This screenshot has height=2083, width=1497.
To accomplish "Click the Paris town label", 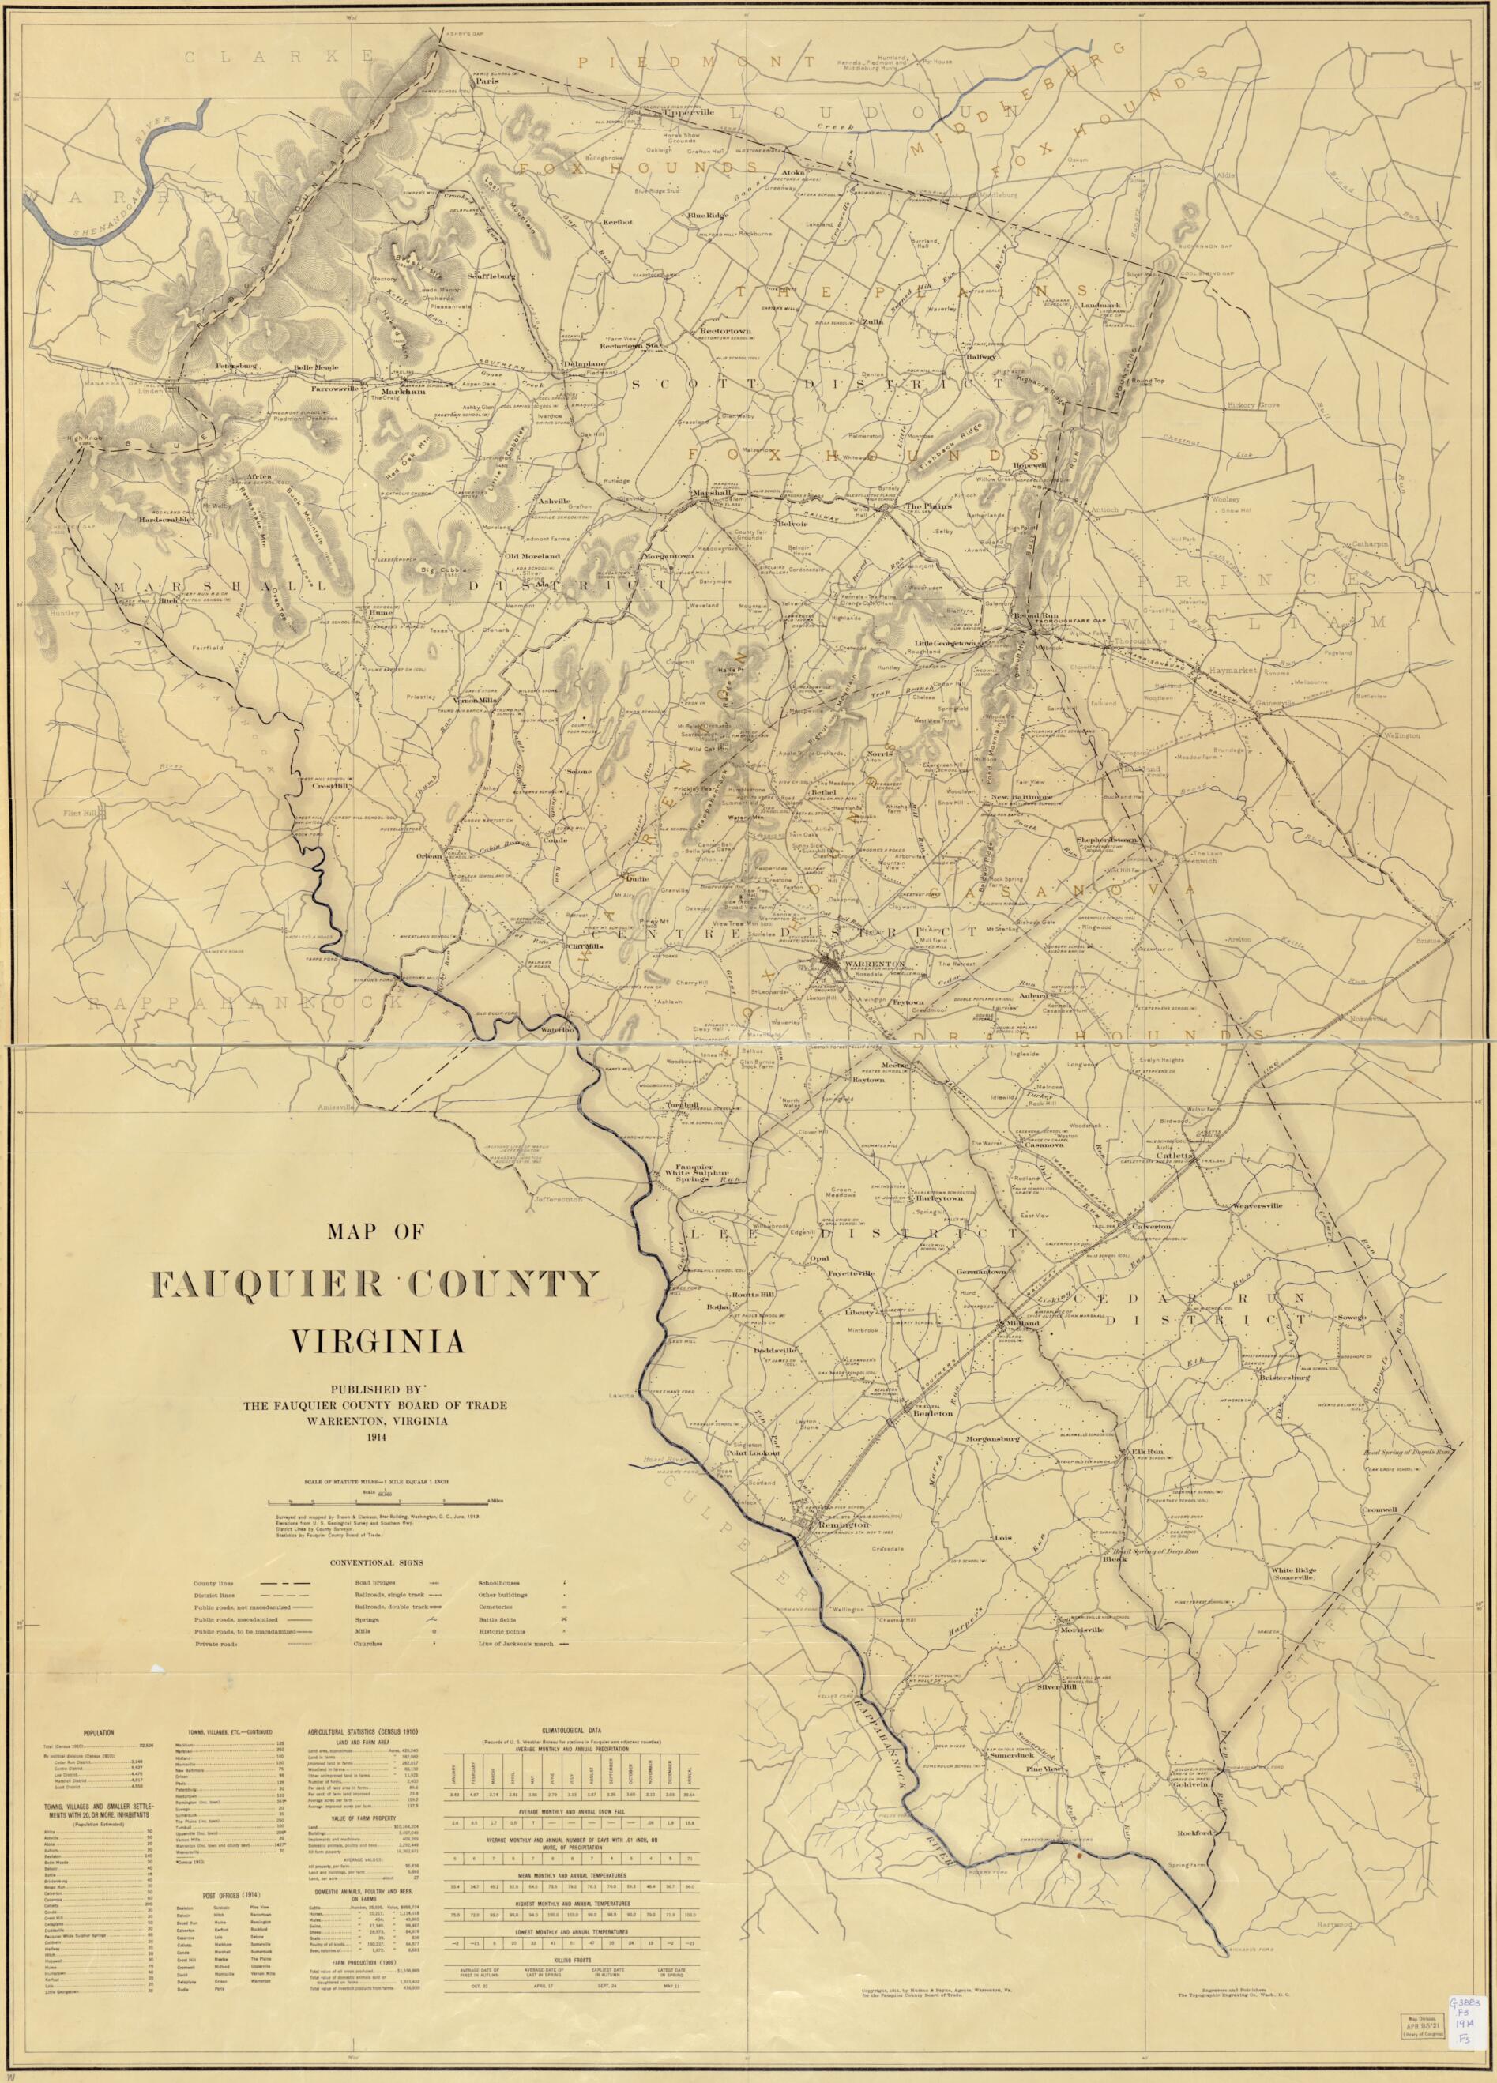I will (x=486, y=81).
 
